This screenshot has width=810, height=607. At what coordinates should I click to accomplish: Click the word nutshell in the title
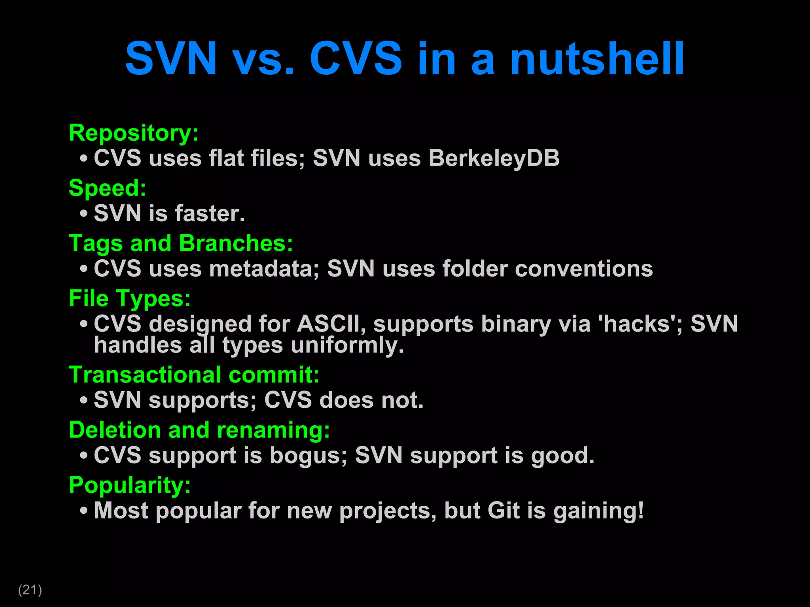coord(597,59)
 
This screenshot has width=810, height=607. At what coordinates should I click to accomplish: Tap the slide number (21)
coord(30,590)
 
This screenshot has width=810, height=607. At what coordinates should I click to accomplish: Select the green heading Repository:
coord(134,133)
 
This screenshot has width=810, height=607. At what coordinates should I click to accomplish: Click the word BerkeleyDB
coord(494,158)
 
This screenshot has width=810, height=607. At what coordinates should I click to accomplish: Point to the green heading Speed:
coord(108,188)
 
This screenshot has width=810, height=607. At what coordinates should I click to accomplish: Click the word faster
coord(210,213)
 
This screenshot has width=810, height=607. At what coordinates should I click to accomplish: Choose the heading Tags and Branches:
coord(181,243)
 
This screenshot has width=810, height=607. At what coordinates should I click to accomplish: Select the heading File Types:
coord(130,298)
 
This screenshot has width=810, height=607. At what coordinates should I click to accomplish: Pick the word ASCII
coord(330,324)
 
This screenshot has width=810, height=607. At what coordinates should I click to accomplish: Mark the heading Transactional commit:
coord(194,375)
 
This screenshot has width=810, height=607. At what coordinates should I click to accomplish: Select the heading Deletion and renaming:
coord(199,430)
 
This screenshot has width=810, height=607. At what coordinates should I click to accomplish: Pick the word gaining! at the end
coord(598,511)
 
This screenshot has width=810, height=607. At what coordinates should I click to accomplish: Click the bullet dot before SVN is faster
coord(83,214)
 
